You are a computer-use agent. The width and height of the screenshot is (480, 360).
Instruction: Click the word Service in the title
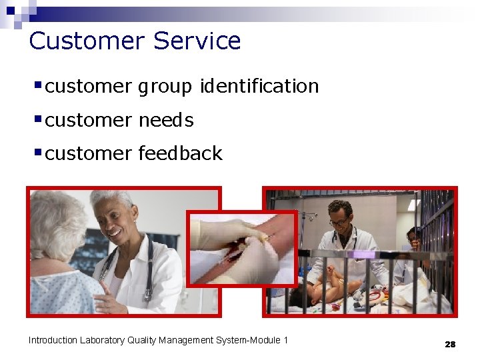[197, 41]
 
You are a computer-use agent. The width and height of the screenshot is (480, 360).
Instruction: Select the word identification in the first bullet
[259, 86]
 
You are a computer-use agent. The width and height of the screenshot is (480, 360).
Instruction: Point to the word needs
[166, 120]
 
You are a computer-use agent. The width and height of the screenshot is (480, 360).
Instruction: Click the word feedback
[180, 153]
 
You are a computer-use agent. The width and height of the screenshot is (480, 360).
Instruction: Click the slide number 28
[450, 344]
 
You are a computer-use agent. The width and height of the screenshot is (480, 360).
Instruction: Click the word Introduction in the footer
[53, 340]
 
